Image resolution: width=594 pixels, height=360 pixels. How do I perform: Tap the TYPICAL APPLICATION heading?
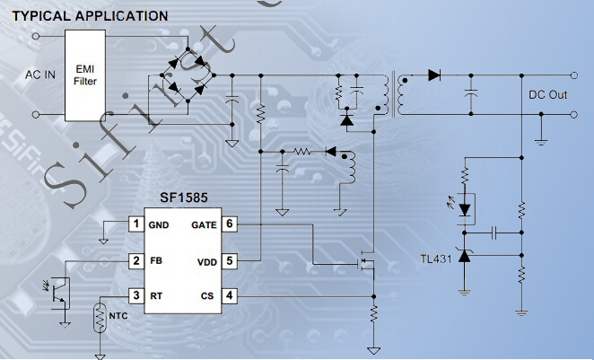click(x=90, y=16)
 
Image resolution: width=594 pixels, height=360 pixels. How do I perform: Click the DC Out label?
click(x=546, y=94)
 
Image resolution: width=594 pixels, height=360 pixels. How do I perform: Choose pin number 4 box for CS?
click(x=230, y=294)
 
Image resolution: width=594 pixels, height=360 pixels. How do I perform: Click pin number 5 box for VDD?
click(x=230, y=260)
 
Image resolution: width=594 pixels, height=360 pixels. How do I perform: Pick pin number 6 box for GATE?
click(x=230, y=224)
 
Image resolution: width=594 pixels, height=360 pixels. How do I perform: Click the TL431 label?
click(x=436, y=259)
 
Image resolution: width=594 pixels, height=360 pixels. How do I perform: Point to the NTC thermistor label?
click(x=118, y=316)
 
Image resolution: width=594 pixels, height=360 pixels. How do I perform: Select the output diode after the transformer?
click(x=434, y=75)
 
